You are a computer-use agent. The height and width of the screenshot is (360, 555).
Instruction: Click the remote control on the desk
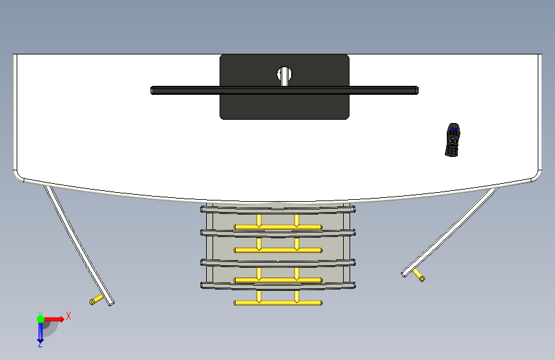click(x=453, y=140)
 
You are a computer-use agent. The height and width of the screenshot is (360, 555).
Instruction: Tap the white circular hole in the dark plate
click(x=284, y=74)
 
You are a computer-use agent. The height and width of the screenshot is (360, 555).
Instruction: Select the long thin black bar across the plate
click(x=285, y=90)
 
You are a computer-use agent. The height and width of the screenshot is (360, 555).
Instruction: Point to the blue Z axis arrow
click(x=40, y=331)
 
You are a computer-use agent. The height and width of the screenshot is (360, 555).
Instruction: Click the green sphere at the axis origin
click(x=40, y=319)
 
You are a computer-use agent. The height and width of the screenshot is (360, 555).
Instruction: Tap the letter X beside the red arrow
click(x=68, y=316)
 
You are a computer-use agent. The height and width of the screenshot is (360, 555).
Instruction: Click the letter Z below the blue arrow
click(x=40, y=345)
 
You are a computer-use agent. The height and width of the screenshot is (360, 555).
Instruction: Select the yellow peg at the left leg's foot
click(x=96, y=299)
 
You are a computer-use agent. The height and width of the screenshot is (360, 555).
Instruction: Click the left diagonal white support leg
click(x=79, y=245)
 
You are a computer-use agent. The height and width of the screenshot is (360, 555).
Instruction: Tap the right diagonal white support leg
click(x=450, y=232)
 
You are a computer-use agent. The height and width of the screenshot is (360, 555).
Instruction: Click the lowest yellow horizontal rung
click(x=278, y=303)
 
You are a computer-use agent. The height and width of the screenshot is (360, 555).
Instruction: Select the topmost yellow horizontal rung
click(x=278, y=227)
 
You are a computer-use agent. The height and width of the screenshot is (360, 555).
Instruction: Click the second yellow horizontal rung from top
click(x=278, y=250)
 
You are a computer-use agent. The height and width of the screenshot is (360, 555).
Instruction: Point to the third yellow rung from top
click(x=278, y=281)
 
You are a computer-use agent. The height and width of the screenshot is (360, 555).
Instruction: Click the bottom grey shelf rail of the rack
click(x=278, y=286)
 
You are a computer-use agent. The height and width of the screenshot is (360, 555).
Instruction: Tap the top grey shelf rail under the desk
click(x=278, y=209)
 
